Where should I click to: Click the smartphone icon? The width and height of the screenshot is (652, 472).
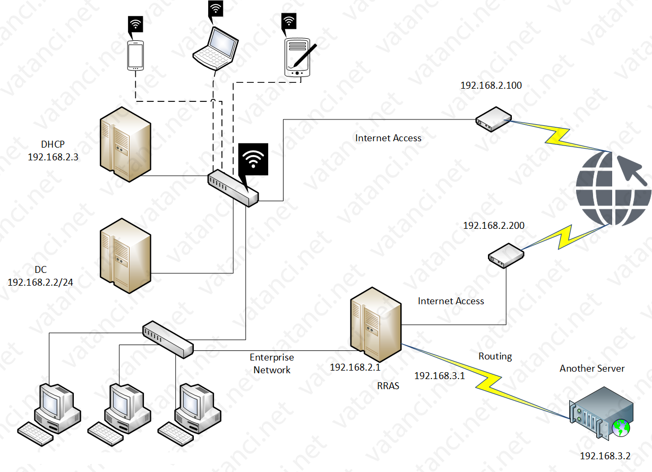tap(135, 55)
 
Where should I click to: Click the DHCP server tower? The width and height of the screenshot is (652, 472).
tap(125, 144)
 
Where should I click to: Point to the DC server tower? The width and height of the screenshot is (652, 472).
tap(125, 255)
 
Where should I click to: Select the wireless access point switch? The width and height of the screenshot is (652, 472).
tap(233, 187)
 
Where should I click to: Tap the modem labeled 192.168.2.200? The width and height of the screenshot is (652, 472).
tap(506, 254)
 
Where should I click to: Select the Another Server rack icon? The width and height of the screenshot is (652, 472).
tap(602, 413)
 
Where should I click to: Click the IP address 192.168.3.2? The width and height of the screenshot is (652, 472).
tap(605, 456)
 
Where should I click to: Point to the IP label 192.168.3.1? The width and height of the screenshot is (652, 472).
tap(439, 376)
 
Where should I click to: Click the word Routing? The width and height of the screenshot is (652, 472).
tap(495, 356)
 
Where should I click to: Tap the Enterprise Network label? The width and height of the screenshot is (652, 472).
tap(272, 364)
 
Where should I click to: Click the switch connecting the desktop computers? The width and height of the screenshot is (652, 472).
tap(168, 338)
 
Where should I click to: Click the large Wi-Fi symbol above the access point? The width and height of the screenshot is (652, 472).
tap(253, 159)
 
